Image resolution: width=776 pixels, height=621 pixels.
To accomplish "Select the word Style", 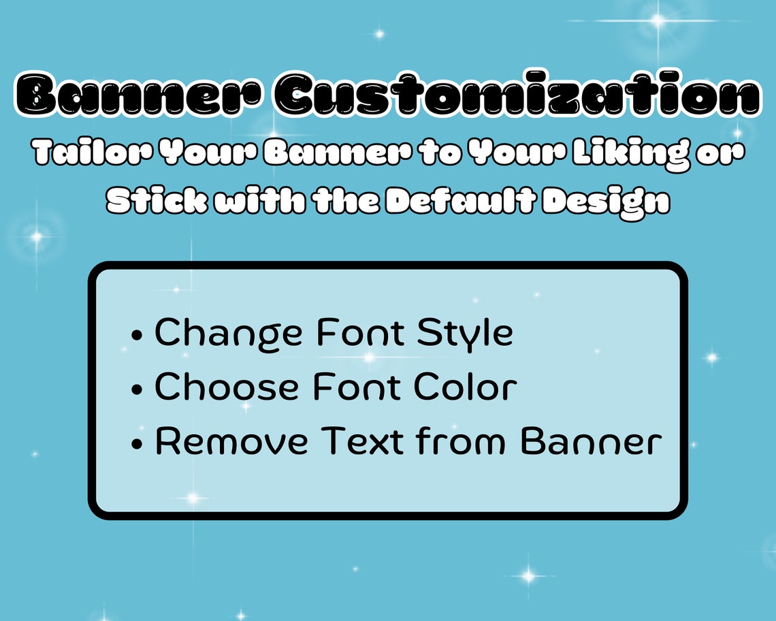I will [465, 333].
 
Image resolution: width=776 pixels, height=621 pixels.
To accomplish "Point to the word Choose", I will [227, 387].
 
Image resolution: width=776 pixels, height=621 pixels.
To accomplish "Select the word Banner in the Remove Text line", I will [591, 441].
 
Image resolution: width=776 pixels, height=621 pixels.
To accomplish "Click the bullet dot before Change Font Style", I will [138, 336].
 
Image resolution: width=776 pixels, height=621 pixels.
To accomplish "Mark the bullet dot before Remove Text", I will [138, 445].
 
